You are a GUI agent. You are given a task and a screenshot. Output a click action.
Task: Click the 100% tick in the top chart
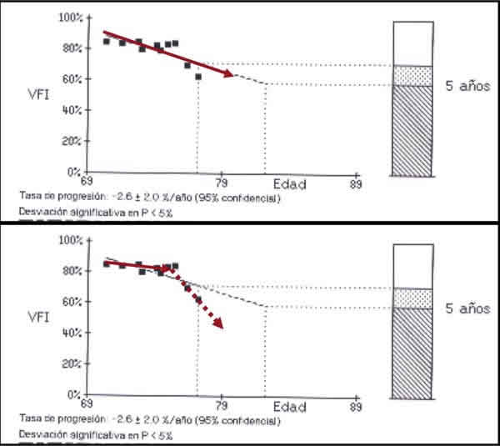tap(69, 18)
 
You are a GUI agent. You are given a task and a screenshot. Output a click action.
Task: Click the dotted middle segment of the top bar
tap(413, 75)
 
